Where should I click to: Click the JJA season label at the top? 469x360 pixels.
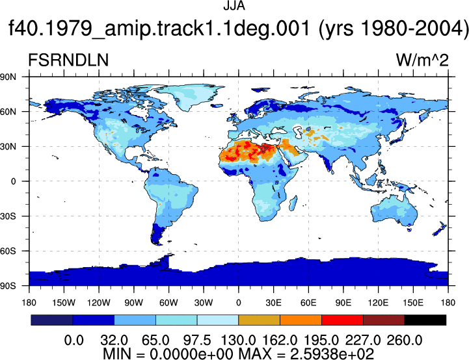click(x=234, y=6)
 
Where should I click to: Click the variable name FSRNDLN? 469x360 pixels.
click(x=68, y=60)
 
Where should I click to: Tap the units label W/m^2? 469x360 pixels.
click(x=422, y=60)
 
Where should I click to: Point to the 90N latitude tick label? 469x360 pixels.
click(x=8, y=77)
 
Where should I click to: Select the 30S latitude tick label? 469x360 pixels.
click(x=8, y=216)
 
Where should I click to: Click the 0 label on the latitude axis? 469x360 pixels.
click(x=13, y=181)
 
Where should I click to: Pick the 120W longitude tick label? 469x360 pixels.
click(x=99, y=303)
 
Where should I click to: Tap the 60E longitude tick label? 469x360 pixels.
click(x=308, y=303)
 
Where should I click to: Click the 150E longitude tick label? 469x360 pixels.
click(x=413, y=303)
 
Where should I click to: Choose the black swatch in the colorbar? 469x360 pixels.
click(x=425, y=320)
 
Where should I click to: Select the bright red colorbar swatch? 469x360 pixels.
click(x=342, y=320)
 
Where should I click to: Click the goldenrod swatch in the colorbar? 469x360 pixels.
click(x=260, y=320)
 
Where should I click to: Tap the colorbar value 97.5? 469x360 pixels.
click(x=197, y=341)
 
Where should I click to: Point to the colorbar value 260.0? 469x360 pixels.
click(x=405, y=341)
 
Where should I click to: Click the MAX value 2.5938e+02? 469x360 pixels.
click(x=332, y=354)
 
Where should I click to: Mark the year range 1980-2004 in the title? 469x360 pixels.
click(x=414, y=29)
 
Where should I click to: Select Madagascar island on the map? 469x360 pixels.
click(x=293, y=203)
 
